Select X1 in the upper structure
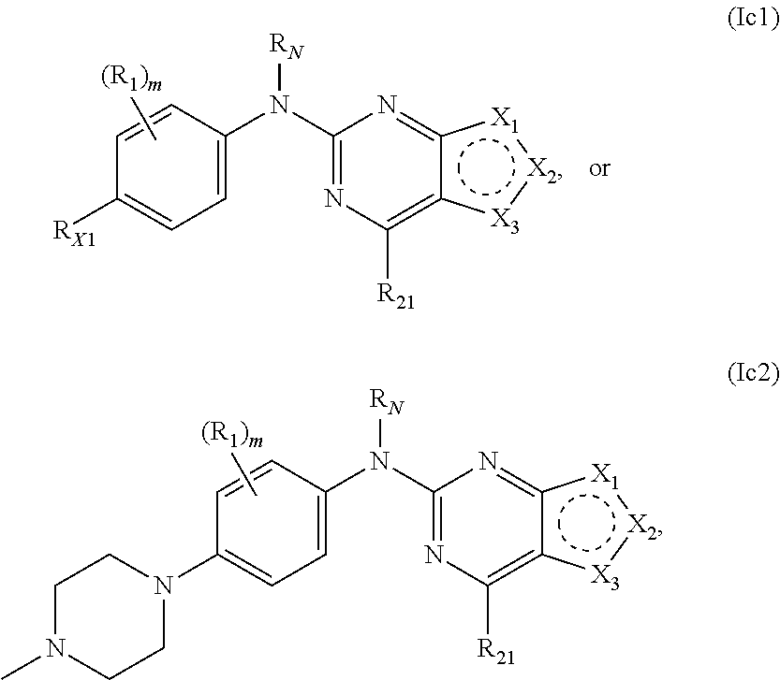point(506,119)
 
